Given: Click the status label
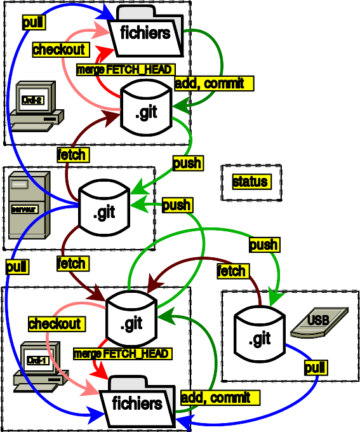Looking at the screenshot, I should click(250, 182).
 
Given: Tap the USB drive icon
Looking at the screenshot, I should click(319, 323).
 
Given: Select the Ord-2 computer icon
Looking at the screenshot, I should click(36, 106).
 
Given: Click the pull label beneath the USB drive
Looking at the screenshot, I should click(316, 368).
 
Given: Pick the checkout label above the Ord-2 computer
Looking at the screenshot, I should click(59, 50).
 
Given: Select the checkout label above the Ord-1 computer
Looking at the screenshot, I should click(55, 324).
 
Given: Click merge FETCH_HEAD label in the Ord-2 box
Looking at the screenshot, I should click(124, 70).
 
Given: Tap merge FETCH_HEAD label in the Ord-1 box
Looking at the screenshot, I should click(122, 353).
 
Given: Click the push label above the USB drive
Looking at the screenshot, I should click(263, 245).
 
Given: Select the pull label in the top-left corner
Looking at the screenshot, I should click(33, 23).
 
